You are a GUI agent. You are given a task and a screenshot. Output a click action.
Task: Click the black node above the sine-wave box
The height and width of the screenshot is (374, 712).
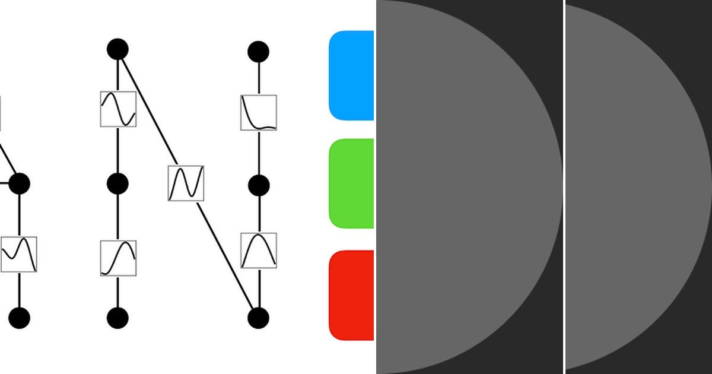tap(117, 49)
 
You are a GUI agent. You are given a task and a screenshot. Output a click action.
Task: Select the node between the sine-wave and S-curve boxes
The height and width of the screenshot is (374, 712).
tap(117, 184)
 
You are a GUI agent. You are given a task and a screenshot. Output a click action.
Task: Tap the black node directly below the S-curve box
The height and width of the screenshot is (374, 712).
tap(117, 318)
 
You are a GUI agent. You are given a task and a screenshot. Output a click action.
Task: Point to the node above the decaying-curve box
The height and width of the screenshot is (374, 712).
tap(258, 52)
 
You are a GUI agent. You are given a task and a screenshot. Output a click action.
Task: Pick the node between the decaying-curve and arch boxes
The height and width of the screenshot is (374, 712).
tap(258, 186)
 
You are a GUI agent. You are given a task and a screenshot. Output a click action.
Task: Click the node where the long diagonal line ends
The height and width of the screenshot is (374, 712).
tap(258, 318)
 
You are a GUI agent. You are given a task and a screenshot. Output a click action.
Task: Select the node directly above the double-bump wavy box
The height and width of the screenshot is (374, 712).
tap(19, 183)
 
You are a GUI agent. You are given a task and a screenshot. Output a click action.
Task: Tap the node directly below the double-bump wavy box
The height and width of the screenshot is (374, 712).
tap(19, 318)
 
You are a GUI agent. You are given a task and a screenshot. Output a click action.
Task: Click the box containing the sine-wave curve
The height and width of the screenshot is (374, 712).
tap(118, 109)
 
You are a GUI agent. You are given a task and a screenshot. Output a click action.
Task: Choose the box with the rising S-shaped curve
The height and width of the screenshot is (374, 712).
tap(118, 258)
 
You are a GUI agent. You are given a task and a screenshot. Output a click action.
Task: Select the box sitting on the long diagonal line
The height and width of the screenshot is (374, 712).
tap(186, 183)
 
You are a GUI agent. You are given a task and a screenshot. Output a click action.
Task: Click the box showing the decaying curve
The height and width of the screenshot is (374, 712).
tap(259, 113)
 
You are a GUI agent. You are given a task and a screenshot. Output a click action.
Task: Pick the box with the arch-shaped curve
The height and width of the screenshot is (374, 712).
tap(259, 251)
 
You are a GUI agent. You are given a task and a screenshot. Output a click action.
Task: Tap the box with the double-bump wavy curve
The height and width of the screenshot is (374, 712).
tap(19, 254)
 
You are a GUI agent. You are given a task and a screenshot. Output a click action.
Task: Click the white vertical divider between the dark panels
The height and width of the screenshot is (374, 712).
tap(564, 187)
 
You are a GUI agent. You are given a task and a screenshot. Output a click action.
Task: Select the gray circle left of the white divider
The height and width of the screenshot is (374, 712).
tap(463, 187)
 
